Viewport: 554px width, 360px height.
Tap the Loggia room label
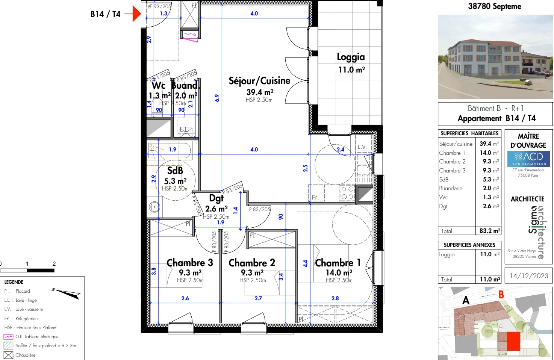pyautogui.click(x=351, y=57)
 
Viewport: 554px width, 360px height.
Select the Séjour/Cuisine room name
pyautogui.click(x=259, y=81)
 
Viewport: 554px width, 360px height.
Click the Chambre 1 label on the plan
pyautogui.click(x=338, y=263)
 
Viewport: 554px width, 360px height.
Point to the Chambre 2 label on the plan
pyautogui.click(x=252, y=263)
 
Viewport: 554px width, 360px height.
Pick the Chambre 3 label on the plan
pyautogui.click(x=189, y=262)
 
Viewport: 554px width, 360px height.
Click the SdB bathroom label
pyautogui.click(x=175, y=171)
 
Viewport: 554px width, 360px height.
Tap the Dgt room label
pyautogui.click(x=216, y=198)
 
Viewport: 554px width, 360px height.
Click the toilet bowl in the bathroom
pyautogui.click(x=154, y=207)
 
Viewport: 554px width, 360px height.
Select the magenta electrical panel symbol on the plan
pyautogui.click(x=191, y=36)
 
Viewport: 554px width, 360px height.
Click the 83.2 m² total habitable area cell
pyautogui.click(x=489, y=231)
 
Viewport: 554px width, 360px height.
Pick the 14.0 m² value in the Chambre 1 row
pyautogui.click(x=489, y=153)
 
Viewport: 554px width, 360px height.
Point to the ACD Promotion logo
pyautogui.click(x=528, y=159)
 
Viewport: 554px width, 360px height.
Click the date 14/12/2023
pyautogui.click(x=528, y=276)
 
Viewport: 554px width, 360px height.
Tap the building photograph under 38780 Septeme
pyautogui.click(x=495, y=57)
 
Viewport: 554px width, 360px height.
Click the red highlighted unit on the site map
pyautogui.click(x=513, y=341)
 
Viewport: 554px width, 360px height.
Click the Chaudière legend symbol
pyautogui.click(x=8, y=355)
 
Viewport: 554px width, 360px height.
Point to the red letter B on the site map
pyautogui.click(x=501, y=295)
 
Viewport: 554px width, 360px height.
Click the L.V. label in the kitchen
pyautogui.click(x=362, y=147)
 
